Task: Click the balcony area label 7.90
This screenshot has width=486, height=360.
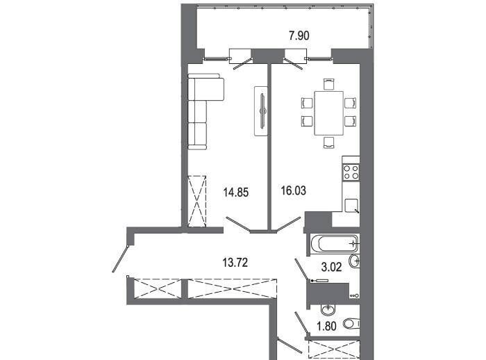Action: pyautogui.click(x=299, y=35)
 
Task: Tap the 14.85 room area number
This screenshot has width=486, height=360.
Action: pyautogui.click(x=236, y=193)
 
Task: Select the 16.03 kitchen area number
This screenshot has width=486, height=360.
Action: pyautogui.click(x=294, y=190)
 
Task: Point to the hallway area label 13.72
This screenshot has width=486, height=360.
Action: pyautogui.click(x=235, y=263)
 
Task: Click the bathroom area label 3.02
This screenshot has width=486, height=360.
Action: pyautogui.click(x=331, y=267)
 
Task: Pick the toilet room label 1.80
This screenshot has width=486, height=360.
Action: pyautogui.click(x=326, y=326)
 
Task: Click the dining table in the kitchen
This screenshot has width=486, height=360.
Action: pyautogui.click(x=329, y=113)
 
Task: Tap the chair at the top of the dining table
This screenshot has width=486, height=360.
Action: pyautogui.click(x=329, y=84)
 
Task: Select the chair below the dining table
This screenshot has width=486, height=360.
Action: pyautogui.click(x=329, y=142)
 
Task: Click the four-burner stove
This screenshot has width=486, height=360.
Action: pyautogui.click(x=351, y=172)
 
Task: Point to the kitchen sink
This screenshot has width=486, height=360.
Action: pyautogui.click(x=352, y=206)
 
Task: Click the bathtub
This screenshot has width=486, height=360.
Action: pyautogui.click(x=334, y=244)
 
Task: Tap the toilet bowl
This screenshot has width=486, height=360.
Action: pyautogui.click(x=351, y=324)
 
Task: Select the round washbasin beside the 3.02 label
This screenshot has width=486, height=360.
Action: pyautogui.click(x=354, y=261)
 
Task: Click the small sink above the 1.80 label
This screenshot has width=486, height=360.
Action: pyautogui.click(x=327, y=309)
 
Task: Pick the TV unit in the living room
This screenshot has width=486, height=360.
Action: pyautogui.click(x=261, y=111)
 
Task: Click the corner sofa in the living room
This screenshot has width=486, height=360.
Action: pyautogui.click(x=202, y=112)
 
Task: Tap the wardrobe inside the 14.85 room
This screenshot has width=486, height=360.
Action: pyautogui.click(x=197, y=202)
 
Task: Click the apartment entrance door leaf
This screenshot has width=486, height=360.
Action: pyautogui.click(x=120, y=259)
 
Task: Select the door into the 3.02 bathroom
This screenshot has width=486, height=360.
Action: pyautogui.click(x=301, y=270)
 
